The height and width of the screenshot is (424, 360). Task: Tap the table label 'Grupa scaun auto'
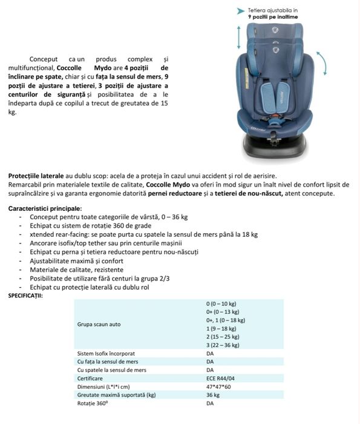(x=99, y=324)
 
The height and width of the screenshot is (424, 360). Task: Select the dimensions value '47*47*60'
(x=218, y=386)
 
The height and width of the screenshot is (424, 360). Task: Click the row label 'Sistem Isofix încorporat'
(x=106, y=353)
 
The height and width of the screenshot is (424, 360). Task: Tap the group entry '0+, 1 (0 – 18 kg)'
(x=226, y=320)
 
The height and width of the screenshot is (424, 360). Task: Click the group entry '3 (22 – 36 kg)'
(x=223, y=345)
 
